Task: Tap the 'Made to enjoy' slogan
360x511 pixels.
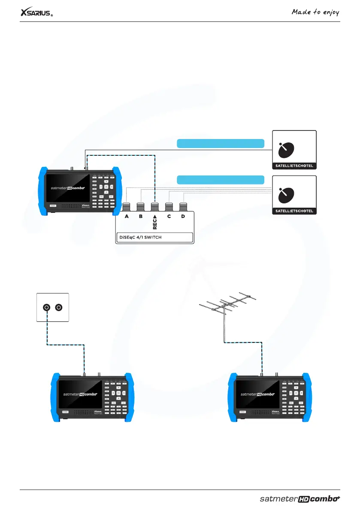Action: point(315,12)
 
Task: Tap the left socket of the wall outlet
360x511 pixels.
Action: point(46,308)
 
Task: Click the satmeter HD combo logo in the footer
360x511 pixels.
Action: point(299,499)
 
